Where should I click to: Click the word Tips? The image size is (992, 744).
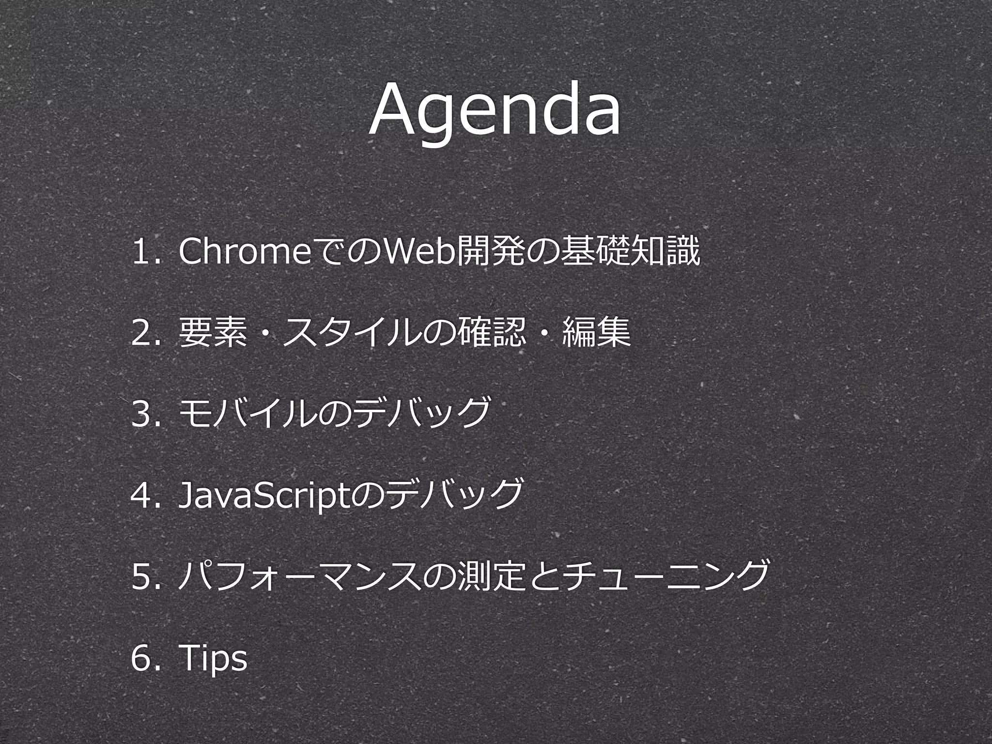[x=213, y=659]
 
